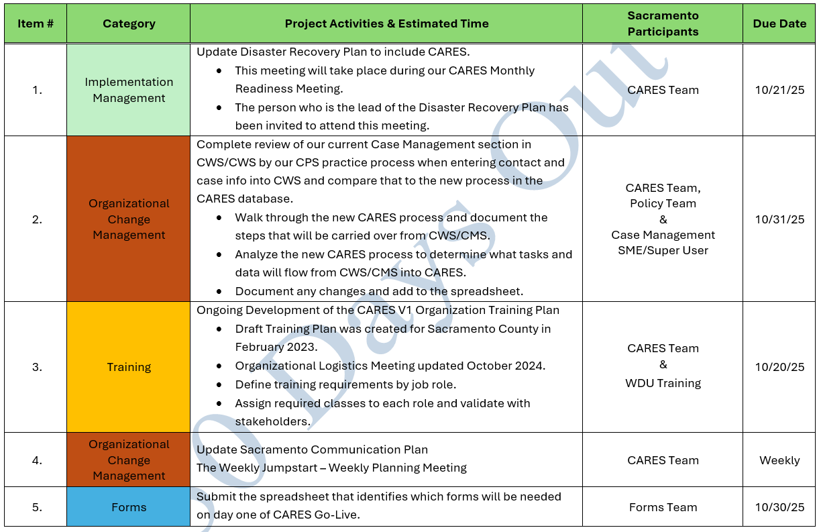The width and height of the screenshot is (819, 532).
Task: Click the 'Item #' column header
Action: (36, 23)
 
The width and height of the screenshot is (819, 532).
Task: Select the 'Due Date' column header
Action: (779, 23)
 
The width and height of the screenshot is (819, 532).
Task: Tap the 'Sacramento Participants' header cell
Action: (663, 23)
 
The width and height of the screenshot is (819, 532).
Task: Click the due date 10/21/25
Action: (779, 90)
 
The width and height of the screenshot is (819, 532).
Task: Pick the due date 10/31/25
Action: (779, 219)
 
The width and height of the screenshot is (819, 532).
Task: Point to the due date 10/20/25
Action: (779, 367)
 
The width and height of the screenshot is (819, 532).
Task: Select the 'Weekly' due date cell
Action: (779, 460)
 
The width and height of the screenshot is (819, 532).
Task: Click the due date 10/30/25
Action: (779, 507)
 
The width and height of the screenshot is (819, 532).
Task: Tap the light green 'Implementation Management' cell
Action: (129, 90)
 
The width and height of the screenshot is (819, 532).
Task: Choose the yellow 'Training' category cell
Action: (129, 367)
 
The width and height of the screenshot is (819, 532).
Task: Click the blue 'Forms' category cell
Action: (129, 507)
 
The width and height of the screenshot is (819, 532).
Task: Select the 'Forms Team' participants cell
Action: (663, 507)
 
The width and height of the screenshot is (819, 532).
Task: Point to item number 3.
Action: (37, 367)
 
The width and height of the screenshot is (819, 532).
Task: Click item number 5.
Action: (37, 507)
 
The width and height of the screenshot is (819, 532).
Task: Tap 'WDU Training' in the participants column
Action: (663, 383)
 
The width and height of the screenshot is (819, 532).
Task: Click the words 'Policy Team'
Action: (663, 203)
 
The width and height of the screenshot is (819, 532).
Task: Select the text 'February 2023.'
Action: (276, 348)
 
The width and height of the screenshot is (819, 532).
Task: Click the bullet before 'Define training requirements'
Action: (219, 385)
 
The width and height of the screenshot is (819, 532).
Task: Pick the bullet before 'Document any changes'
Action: (219, 292)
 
